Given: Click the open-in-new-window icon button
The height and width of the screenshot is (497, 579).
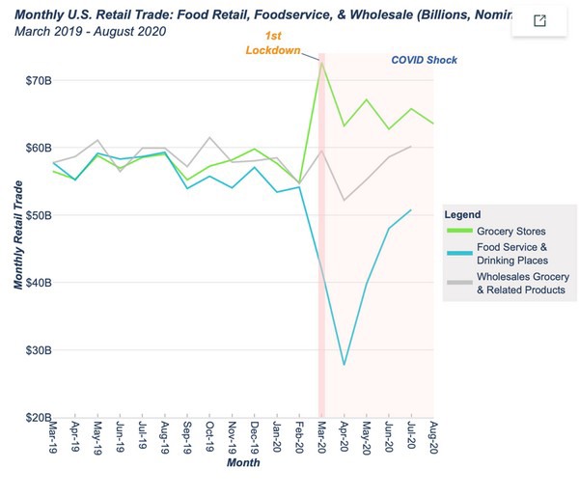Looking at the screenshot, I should tap(539, 21).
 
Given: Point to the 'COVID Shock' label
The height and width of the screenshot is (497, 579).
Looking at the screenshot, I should tap(424, 60).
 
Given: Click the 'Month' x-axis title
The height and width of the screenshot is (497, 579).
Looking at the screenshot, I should tap(243, 463).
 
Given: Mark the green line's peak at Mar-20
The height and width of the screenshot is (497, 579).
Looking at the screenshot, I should tap(321, 63).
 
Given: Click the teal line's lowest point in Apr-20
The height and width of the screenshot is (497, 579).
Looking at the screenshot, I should tap(344, 365).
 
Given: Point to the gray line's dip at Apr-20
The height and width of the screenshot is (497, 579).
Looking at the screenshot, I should tap(344, 200).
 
